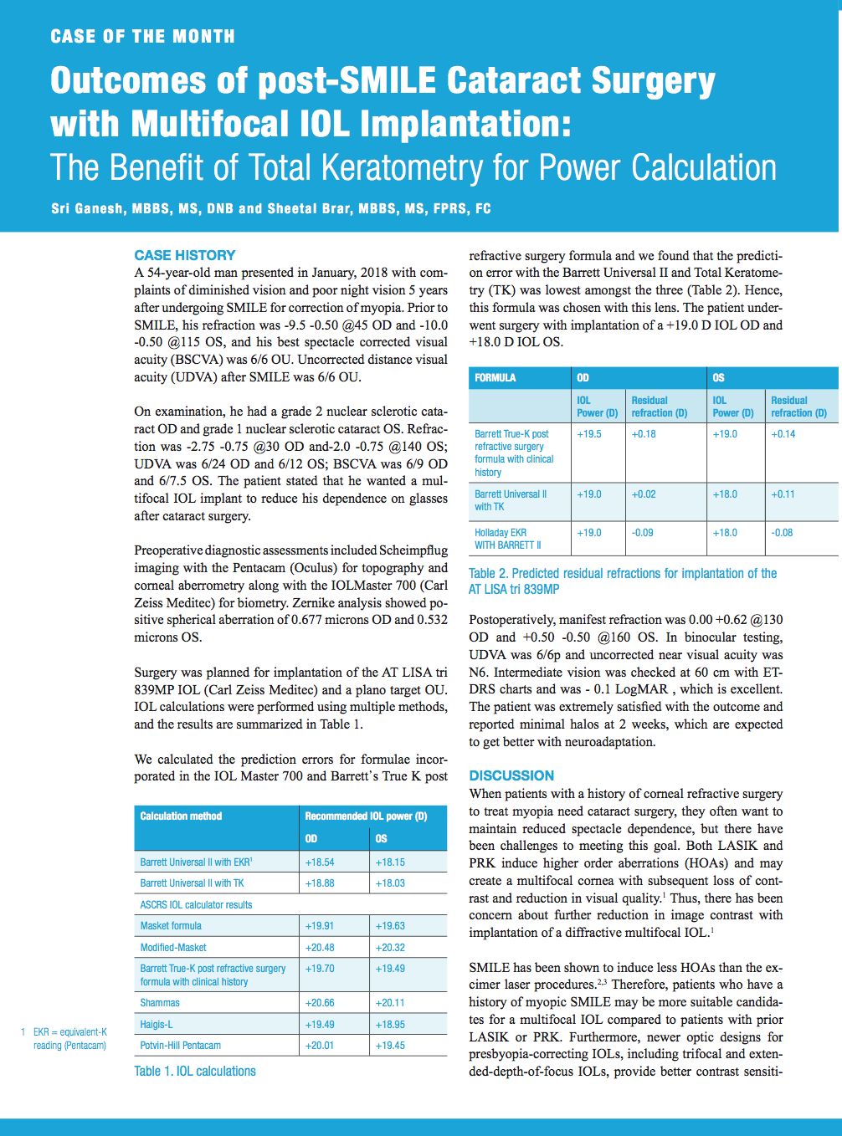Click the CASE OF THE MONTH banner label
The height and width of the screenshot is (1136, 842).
pos(142,37)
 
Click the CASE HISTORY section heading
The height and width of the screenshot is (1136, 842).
pos(185,255)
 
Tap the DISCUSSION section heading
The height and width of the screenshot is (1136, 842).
pos(511,775)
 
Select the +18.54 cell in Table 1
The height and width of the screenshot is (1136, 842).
pos(320,862)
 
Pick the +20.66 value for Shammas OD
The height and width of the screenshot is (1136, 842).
pos(320,1002)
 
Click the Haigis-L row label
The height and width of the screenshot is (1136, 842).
pos(157,1024)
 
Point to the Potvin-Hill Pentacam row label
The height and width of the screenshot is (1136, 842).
pos(181,1045)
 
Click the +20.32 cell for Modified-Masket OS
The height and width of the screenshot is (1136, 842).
pos(390,947)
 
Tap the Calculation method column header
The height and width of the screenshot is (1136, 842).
pos(181,816)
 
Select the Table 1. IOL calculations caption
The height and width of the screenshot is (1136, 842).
pos(195,1071)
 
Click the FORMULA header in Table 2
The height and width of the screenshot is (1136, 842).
pos(495,377)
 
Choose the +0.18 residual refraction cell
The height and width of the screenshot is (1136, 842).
pos(644,433)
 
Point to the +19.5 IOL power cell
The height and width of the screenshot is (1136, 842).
pos(589,433)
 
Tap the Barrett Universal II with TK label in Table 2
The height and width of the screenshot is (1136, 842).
pos(511,500)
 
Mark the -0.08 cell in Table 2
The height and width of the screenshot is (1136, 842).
pos(782,532)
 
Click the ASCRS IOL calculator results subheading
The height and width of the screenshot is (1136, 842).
pos(196,904)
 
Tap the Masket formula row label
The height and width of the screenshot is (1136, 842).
pos(171,925)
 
